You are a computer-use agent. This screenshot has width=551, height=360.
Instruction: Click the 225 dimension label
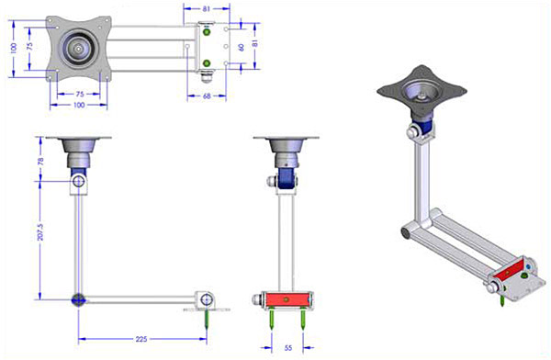[141, 339]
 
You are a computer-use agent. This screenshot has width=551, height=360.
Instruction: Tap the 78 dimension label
[40, 162]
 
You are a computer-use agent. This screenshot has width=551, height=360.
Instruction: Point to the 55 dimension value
[287, 348]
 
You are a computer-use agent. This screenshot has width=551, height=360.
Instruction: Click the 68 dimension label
[207, 96]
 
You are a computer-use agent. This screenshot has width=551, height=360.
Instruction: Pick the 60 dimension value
[242, 48]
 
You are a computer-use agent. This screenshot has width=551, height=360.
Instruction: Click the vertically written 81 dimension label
[255, 43]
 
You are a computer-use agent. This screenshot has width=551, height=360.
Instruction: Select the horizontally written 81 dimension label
[207, 9]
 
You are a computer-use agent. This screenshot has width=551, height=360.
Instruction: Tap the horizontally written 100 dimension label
[79, 105]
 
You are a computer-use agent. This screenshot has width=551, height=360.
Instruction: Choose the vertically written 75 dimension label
[29, 46]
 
